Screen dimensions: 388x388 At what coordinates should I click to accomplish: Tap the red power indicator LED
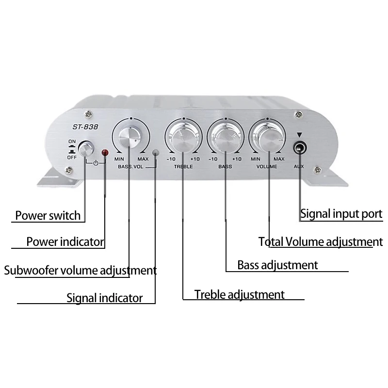point(104,153)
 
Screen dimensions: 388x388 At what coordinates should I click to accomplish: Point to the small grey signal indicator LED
point(155,153)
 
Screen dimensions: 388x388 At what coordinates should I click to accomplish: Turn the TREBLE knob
point(183,137)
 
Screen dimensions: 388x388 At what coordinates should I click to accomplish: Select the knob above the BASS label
point(225,137)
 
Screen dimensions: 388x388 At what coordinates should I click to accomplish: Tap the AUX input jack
point(300,146)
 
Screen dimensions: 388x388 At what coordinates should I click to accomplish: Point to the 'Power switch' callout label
point(48,216)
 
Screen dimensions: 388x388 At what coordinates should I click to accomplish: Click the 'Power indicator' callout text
point(65,242)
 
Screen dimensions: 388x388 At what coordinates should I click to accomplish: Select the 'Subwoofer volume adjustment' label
point(80,270)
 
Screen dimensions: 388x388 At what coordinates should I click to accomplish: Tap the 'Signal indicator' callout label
point(105,298)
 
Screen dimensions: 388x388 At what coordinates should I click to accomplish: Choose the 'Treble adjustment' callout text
point(240,294)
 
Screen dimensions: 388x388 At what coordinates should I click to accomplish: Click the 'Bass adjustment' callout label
point(277,265)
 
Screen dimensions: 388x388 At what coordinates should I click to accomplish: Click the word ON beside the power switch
point(72,142)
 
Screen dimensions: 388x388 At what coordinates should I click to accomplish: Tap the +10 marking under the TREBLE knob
point(195,160)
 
